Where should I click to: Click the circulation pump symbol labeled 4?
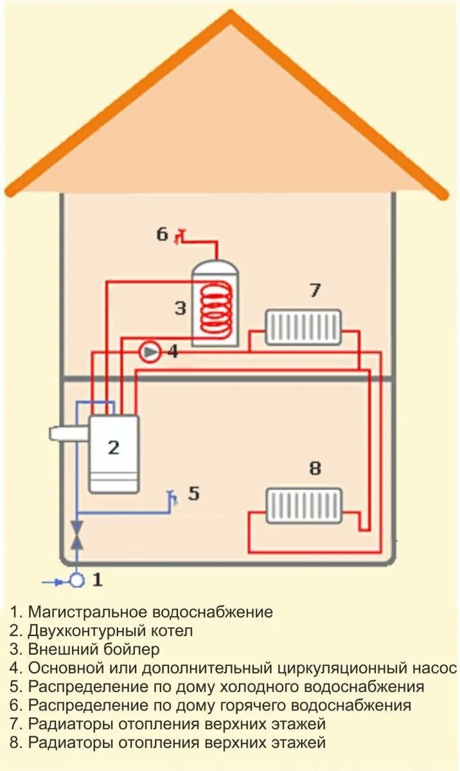[x=150, y=352]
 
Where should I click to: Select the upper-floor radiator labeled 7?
[x=303, y=327]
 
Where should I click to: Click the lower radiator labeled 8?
[x=303, y=506]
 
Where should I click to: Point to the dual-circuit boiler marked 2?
[x=114, y=453]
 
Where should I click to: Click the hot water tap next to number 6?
[x=181, y=236]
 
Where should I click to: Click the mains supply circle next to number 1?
[x=77, y=581]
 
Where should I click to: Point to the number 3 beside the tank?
[x=180, y=308]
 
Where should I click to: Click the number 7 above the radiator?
[x=315, y=290]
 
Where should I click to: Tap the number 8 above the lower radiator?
[x=315, y=469]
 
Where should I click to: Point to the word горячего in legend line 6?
[x=245, y=705]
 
